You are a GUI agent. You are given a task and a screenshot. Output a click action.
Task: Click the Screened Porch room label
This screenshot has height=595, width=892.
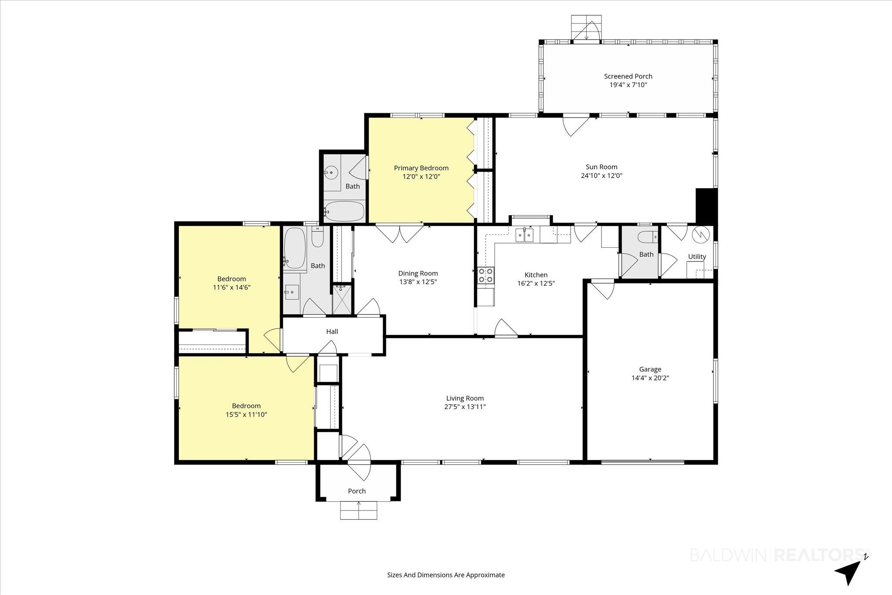[628, 76]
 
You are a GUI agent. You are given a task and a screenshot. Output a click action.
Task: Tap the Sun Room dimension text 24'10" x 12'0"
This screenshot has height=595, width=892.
[601, 176]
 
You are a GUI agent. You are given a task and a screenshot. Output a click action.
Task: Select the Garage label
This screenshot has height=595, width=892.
[650, 369]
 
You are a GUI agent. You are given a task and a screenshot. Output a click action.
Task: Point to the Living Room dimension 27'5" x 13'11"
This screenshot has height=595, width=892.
[465, 407]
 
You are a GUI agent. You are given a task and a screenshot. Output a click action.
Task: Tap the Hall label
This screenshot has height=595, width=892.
[332, 331]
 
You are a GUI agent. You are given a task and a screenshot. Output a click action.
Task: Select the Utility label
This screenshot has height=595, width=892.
[697, 257]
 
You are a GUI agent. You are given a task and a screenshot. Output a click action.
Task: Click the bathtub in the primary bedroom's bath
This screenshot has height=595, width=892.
[344, 211]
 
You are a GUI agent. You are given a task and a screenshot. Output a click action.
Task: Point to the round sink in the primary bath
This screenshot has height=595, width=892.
[331, 173]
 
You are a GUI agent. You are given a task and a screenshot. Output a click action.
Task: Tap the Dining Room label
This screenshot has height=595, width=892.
[418, 274]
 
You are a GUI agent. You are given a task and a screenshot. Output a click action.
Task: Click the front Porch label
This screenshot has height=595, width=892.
[357, 491]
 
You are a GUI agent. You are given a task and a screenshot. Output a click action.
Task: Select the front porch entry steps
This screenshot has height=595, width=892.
[358, 510]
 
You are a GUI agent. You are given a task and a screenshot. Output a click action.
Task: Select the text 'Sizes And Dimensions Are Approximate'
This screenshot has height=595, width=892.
[446, 575]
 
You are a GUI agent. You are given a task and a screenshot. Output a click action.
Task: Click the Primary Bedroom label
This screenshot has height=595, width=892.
[421, 168]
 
